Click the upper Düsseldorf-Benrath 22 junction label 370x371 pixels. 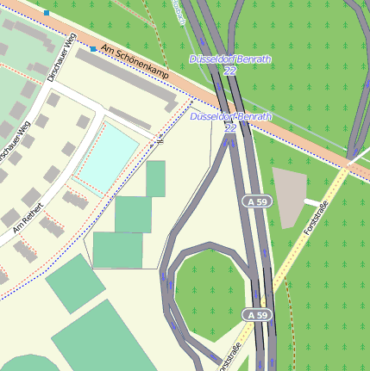[230, 65]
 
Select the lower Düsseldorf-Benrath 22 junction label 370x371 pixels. [230, 121]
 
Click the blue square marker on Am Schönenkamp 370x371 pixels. [93, 49]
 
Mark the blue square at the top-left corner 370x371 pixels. [47, 13]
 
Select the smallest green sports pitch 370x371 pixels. [155, 178]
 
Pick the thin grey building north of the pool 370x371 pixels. [130, 118]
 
